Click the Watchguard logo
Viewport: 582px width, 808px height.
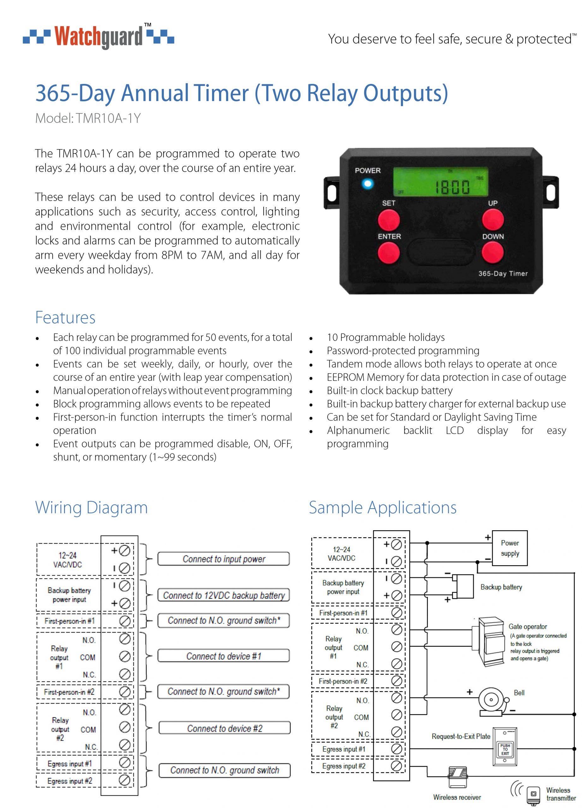(x=98, y=36)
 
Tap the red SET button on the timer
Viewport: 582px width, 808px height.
(x=389, y=219)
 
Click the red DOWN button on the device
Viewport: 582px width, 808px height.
(x=493, y=252)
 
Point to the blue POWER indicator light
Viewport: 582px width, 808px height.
(x=368, y=184)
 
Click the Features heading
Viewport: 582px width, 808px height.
(x=65, y=318)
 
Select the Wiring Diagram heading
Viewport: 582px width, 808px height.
(x=91, y=507)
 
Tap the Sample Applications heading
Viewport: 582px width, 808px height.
(x=383, y=507)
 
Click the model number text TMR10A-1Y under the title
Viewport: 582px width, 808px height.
(x=88, y=118)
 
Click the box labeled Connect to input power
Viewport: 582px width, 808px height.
(x=223, y=559)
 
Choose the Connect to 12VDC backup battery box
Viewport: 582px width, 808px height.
(x=223, y=595)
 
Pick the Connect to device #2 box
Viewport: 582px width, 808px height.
(x=224, y=728)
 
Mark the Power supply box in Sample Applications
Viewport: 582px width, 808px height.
(x=510, y=548)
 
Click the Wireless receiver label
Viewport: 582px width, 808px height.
(x=457, y=797)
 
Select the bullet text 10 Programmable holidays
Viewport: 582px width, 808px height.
(x=386, y=337)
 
